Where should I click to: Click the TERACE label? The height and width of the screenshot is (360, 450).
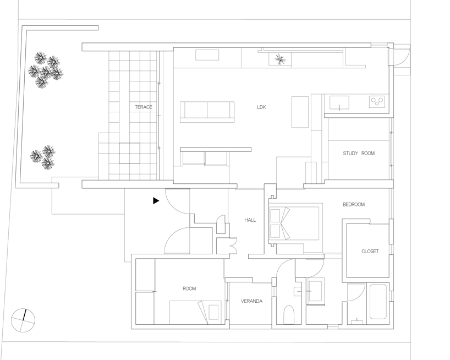point(143,107)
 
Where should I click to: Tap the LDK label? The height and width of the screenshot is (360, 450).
point(261,107)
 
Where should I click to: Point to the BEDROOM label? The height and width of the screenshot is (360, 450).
point(353,205)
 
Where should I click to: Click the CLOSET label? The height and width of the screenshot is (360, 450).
point(370,252)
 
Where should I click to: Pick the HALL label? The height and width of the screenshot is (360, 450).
point(250,220)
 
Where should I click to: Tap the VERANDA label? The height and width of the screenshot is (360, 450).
point(251,301)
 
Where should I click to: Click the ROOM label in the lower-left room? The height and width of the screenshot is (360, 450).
point(189,288)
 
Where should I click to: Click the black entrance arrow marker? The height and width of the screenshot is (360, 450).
point(156,201)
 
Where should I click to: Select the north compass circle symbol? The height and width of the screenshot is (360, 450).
point(23,320)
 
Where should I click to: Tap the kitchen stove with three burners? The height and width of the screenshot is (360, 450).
point(377,102)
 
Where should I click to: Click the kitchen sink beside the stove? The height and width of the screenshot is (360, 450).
point(339,102)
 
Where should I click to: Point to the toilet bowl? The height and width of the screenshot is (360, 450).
point(289,315)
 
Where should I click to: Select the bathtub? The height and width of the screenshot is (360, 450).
point(377,302)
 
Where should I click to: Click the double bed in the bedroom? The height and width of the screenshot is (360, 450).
point(294,223)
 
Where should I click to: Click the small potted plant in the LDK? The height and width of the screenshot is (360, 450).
point(279,59)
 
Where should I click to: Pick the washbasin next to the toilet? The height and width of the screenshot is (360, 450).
point(315,290)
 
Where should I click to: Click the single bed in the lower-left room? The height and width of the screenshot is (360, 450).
point(195,312)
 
